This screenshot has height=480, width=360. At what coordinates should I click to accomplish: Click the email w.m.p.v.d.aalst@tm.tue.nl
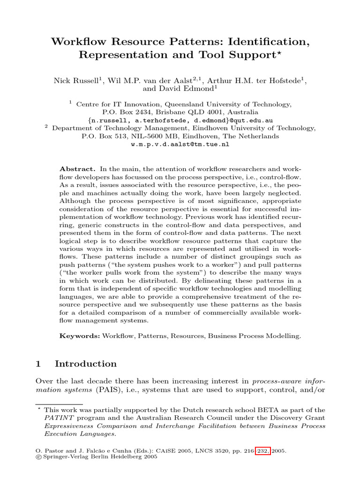click(180, 144)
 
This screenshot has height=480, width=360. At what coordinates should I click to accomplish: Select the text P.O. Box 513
click(102, 136)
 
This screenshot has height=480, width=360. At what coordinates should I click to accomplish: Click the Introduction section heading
click(86, 364)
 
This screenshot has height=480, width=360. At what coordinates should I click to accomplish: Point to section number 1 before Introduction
click(39, 364)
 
